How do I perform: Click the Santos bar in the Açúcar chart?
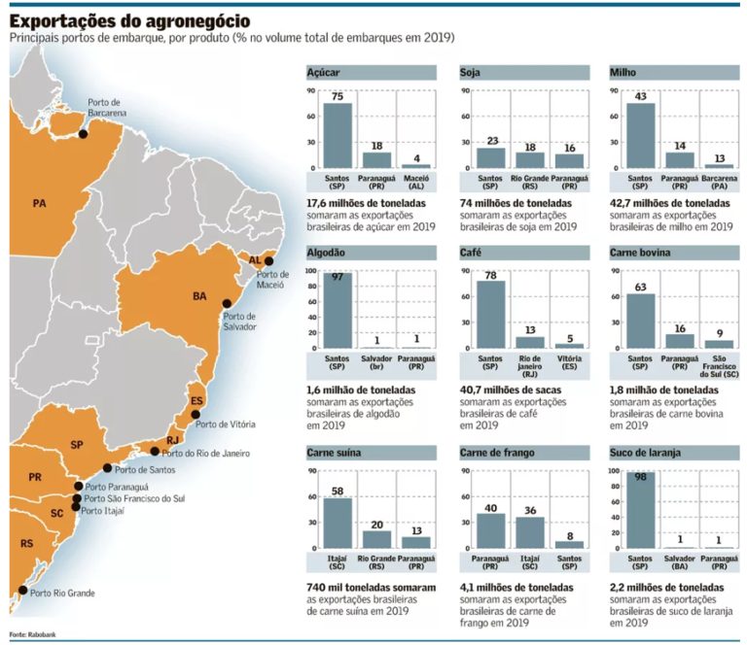(x=338, y=136)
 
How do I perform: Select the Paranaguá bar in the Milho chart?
(x=680, y=160)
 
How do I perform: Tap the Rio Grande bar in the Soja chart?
(x=529, y=160)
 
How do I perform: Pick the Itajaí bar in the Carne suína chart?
(x=338, y=524)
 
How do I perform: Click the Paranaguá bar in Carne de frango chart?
(x=491, y=530)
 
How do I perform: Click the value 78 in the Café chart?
(x=491, y=275)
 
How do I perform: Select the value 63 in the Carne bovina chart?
(x=641, y=288)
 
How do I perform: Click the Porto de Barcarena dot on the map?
(x=83, y=134)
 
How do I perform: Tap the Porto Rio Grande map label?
(x=63, y=592)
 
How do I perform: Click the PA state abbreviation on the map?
(x=39, y=204)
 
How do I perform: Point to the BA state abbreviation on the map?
(x=199, y=295)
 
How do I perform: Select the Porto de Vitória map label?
(x=226, y=424)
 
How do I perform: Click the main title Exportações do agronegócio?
(x=129, y=20)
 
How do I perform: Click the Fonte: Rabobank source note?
(x=32, y=633)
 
